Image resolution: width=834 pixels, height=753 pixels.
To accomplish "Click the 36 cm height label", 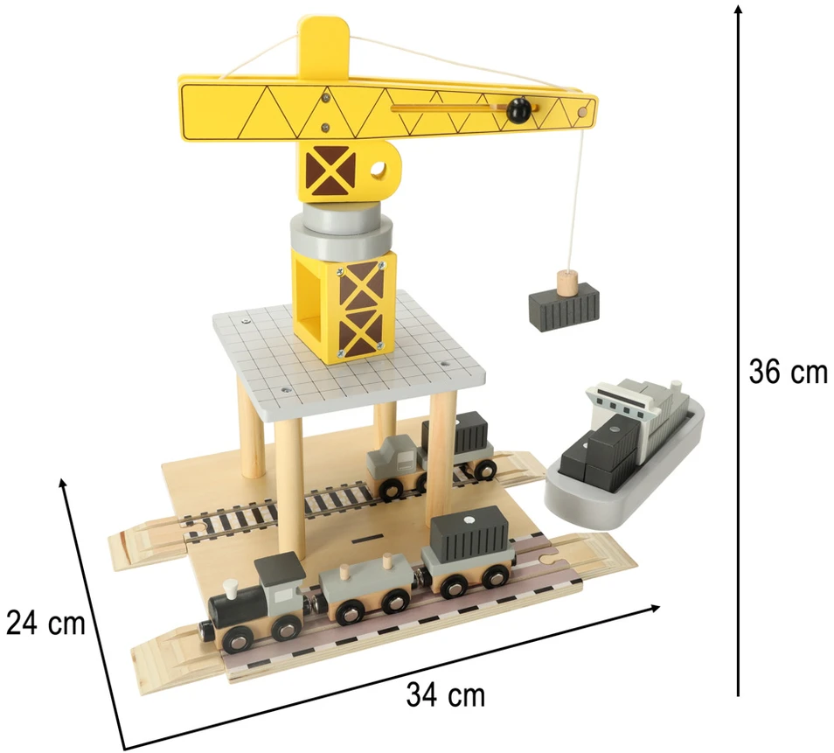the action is [789, 371].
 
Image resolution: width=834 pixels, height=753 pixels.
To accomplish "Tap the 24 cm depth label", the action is [45, 622].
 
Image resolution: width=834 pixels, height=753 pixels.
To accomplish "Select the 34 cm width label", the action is [446, 694].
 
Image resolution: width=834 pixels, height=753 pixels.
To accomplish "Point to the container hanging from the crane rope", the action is [564, 305].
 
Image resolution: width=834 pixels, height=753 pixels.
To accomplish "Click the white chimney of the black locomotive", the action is [229, 589].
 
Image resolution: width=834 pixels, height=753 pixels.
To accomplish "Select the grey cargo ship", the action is [623, 457].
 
